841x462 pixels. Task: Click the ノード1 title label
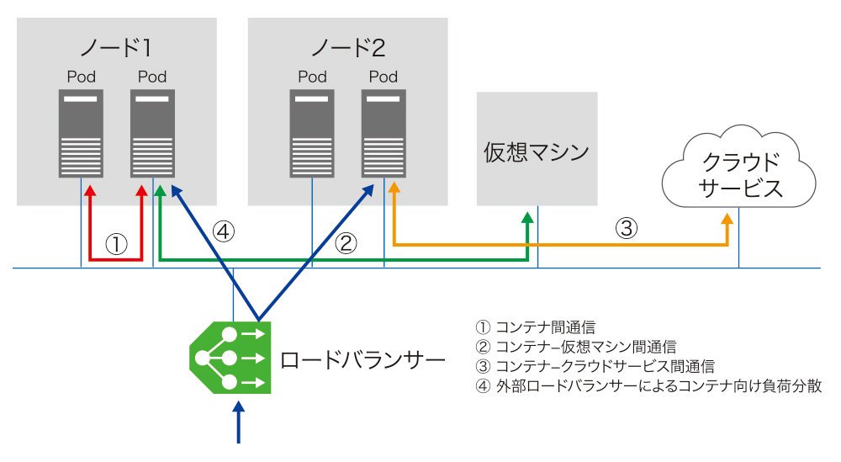pos(116,48)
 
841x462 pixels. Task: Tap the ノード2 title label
pos(348,48)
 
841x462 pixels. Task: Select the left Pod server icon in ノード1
pos(81,133)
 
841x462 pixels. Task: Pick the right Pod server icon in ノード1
pos(152,133)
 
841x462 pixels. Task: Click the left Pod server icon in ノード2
pos(312,133)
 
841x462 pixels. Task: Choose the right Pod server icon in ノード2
pos(383,133)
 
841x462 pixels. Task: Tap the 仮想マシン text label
pos(537,152)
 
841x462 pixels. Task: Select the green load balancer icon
pos(230,358)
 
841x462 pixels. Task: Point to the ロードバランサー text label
pos(362,360)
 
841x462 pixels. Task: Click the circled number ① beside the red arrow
pos(116,244)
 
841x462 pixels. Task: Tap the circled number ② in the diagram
pos(346,243)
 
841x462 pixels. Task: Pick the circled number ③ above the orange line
pos(626,227)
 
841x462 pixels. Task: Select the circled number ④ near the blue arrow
pos(223,231)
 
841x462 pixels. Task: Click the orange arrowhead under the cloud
pos(727,219)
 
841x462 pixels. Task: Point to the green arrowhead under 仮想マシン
pos(528,218)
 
